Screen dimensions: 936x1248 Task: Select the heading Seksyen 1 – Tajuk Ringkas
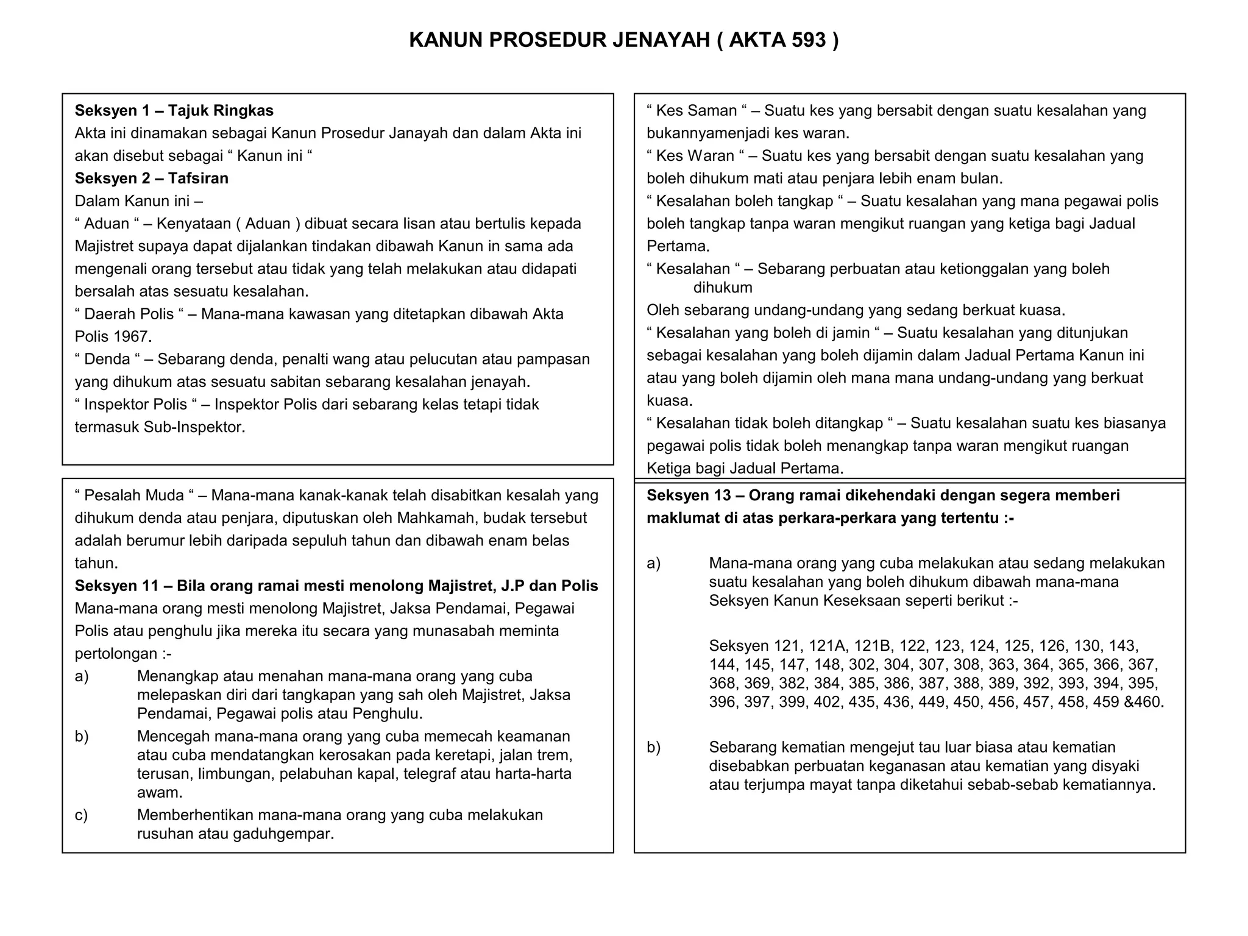174,110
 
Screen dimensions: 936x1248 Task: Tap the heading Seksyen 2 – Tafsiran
151,178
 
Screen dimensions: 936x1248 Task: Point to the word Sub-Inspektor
194,427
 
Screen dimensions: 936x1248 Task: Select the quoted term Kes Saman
697,110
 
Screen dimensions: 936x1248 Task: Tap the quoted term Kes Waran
695,156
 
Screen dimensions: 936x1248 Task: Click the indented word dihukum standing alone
723,288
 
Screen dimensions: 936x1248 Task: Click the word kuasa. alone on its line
670,401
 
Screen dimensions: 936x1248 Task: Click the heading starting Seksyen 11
336,586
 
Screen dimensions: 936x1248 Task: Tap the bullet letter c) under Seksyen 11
82,815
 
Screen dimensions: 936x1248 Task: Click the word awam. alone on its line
160,793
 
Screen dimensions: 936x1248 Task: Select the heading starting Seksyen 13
882,495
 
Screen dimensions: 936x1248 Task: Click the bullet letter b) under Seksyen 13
654,747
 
